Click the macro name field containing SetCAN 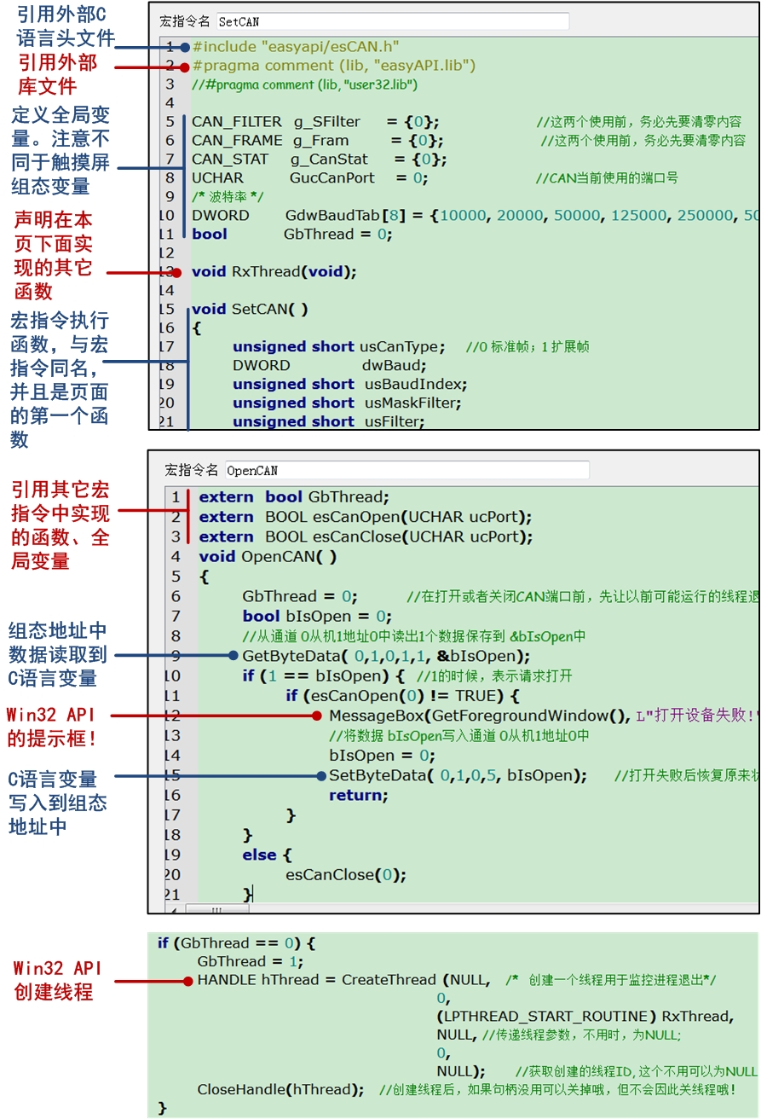[392, 21]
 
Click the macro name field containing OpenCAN [407, 470]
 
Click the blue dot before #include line [185, 47]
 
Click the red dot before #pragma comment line [185, 66]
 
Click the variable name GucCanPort [332, 178]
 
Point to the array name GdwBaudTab [333, 216]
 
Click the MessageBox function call [380, 716]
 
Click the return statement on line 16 [358, 795]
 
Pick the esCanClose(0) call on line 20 [346, 874]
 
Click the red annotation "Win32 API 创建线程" [57, 981]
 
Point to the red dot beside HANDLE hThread [188, 981]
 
